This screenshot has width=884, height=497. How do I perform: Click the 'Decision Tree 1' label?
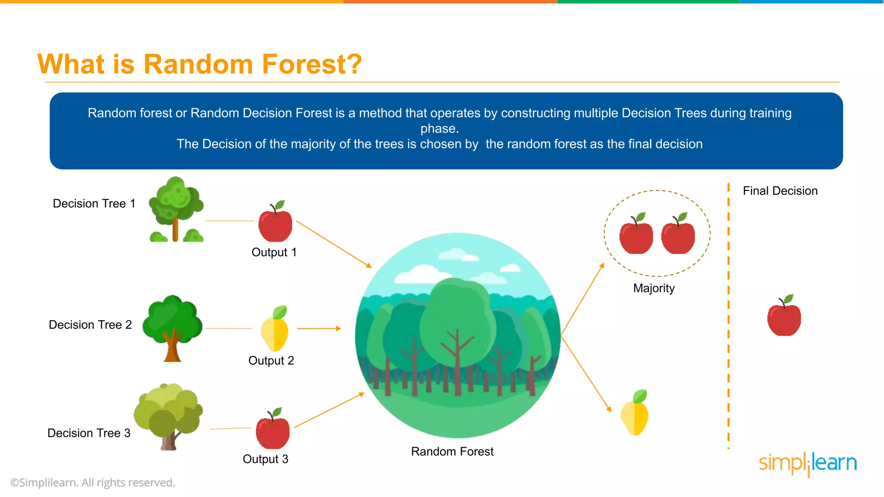[x=94, y=204]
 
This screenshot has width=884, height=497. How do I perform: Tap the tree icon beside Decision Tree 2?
[x=173, y=328]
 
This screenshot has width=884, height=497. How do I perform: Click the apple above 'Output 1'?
[x=275, y=223]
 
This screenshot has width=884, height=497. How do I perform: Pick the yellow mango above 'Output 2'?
[x=275, y=330]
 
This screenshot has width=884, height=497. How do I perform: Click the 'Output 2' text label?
[x=271, y=361]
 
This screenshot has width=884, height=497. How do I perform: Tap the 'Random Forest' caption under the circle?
[x=452, y=452]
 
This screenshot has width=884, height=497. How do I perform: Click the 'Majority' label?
[x=654, y=288]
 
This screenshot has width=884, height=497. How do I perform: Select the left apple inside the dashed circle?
[x=636, y=235]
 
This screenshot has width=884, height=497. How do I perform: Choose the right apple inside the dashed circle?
[x=678, y=235]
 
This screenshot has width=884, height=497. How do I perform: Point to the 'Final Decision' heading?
[x=780, y=191]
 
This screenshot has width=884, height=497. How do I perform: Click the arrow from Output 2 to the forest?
[x=319, y=329]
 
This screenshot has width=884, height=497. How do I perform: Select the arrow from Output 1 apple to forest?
[x=334, y=244]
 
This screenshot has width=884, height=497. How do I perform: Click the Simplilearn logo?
[x=808, y=464]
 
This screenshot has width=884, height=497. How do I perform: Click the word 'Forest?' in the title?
[x=312, y=64]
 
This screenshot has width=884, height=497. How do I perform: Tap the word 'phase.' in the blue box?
[x=439, y=129]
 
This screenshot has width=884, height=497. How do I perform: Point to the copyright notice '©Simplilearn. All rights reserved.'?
[x=93, y=483]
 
